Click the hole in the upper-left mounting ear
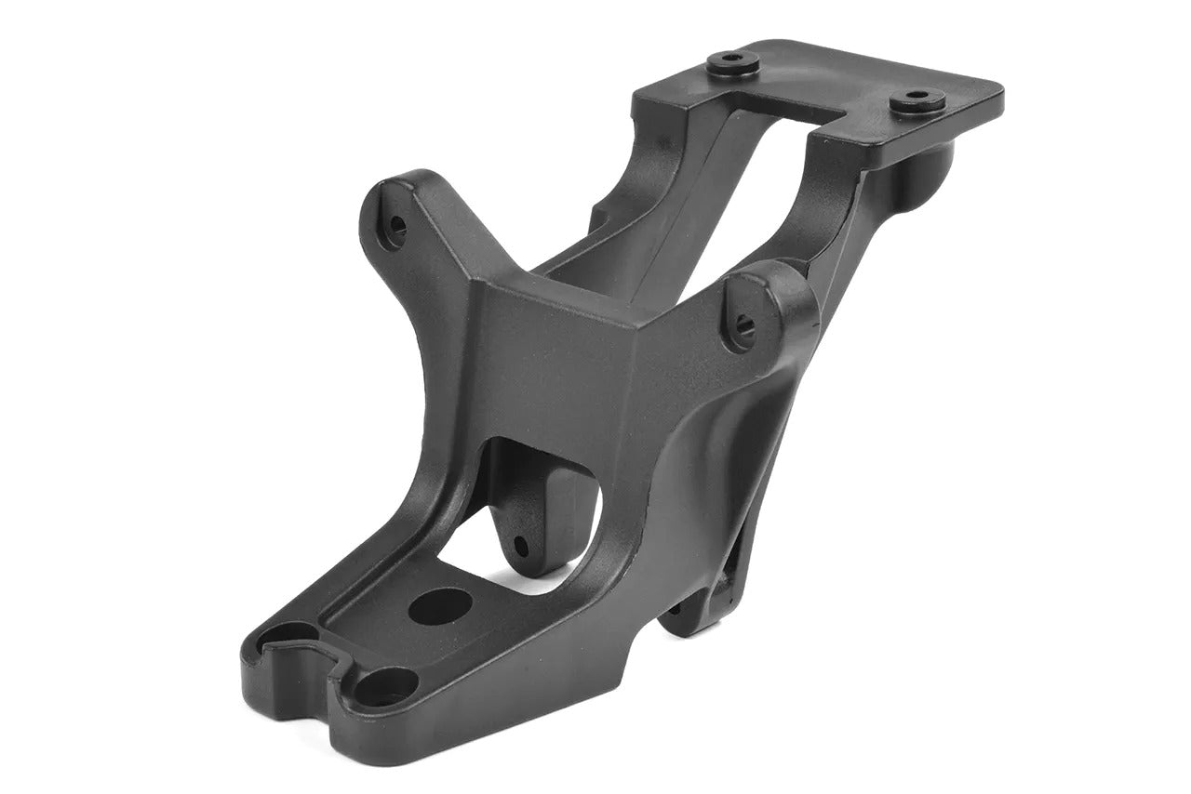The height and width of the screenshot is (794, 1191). pos(397,224)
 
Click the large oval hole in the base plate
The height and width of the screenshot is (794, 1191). pos(440,605)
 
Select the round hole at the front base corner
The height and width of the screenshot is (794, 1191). pos(383,689)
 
